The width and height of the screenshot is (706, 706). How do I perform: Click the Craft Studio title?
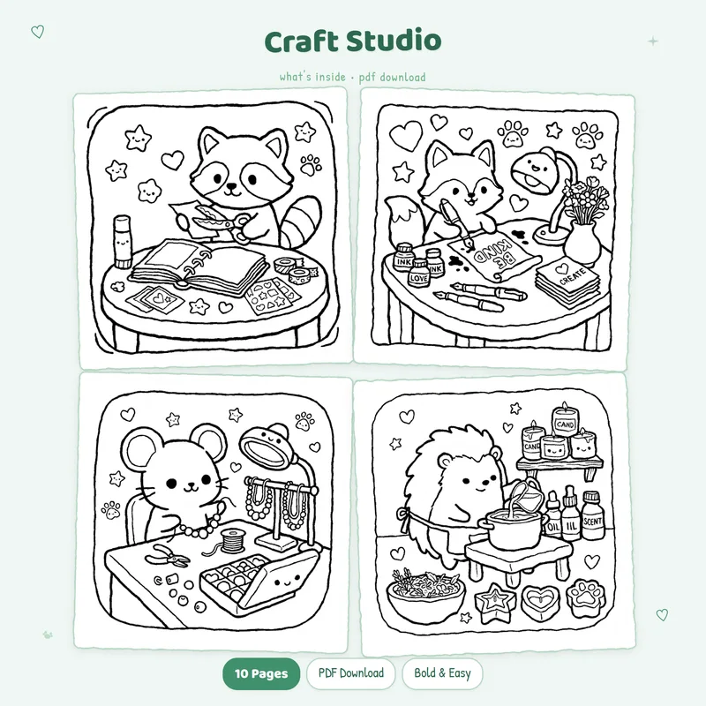pos(353,41)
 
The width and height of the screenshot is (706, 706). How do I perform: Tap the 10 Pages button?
pos(260,673)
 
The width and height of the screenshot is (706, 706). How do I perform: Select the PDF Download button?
pos(350,673)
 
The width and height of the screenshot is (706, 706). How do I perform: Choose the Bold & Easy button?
pos(442,673)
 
